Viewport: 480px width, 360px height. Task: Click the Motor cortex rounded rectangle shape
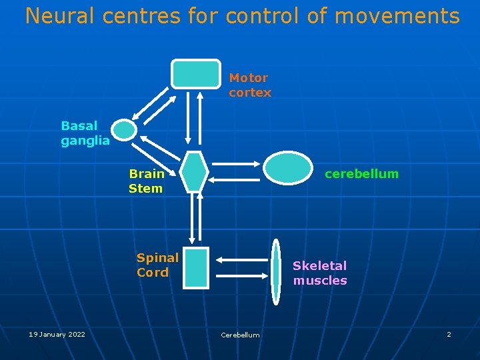tap(195, 74)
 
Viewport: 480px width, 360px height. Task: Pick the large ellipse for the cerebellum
tap(288, 167)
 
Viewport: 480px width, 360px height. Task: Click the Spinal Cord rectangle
tap(195, 267)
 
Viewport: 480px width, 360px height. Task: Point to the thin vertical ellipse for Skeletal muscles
tap(276, 272)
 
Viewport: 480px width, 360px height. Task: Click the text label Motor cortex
tap(250, 85)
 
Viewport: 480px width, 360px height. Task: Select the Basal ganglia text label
tap(85, 133)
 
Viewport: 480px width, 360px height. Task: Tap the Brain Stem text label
tap(146, 181)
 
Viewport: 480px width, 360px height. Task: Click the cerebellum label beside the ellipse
tap(361, 174)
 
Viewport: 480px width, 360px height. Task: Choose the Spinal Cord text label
tap(157, 265)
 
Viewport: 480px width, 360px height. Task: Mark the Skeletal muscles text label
tap(320, 273)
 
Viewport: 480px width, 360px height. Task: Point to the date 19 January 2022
tap(57, 334)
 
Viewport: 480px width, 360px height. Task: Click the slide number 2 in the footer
tap(449, 334)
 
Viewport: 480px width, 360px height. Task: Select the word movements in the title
tap(397, 16)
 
